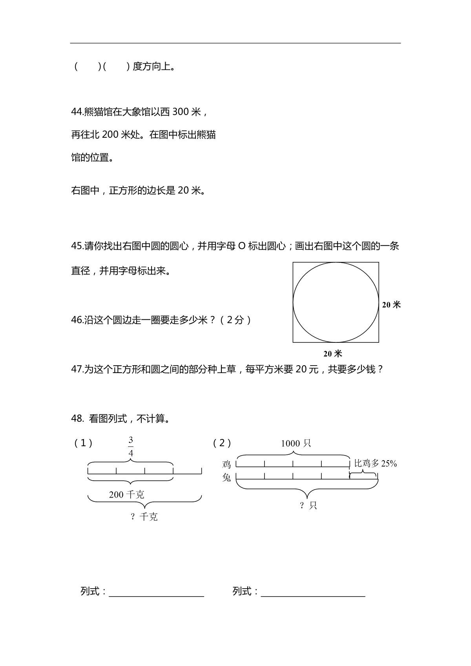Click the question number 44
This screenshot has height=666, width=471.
77,112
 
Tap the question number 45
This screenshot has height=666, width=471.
77,246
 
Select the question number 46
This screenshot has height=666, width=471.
77,320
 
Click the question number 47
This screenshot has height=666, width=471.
77,369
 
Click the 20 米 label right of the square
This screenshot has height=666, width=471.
391,305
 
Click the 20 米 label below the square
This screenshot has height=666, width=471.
333,354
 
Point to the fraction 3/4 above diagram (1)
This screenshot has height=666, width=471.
131,447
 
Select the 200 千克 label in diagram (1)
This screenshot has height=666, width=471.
126,495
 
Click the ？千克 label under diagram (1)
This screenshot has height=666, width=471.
144,517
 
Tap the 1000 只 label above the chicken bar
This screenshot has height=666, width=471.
296,444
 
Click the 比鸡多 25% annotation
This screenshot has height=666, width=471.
376,463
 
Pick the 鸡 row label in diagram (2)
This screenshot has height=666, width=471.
226,465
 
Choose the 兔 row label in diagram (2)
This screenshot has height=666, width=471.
226,478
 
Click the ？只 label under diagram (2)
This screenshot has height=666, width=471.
308,505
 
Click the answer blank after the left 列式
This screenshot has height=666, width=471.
156,591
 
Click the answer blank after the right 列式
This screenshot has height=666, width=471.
313,591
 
